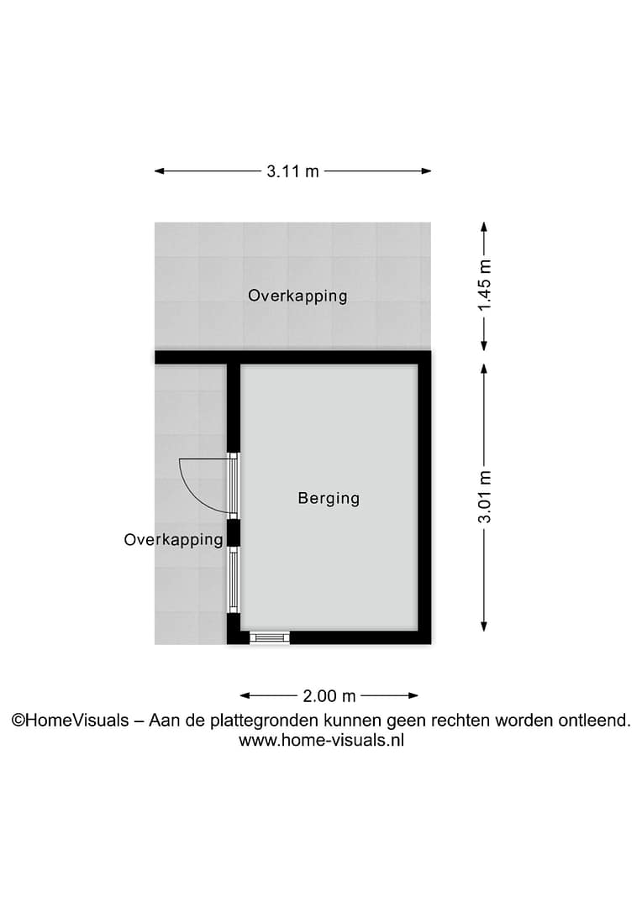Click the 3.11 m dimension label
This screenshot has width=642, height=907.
point(292,171)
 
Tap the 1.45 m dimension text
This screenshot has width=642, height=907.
point(485,285)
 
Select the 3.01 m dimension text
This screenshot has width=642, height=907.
point(485,497)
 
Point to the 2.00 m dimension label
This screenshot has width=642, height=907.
point(329,696)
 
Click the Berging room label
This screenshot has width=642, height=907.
point(329,498)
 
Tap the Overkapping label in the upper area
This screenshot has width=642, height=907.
point(297,296)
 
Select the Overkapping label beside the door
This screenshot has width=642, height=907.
point(174,540)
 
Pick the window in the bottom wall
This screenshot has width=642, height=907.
point(269,637)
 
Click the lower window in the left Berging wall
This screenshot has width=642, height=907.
point(234,580)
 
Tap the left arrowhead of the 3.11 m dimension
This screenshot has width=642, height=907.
point(160,171)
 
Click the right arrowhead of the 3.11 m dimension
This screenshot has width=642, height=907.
point(426,171)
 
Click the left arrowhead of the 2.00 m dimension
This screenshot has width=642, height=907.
point(245,696)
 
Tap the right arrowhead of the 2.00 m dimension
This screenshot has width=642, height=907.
point(413,696)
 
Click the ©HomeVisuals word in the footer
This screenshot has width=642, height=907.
point(71,721)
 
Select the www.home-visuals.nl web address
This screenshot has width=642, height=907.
point(321,740)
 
